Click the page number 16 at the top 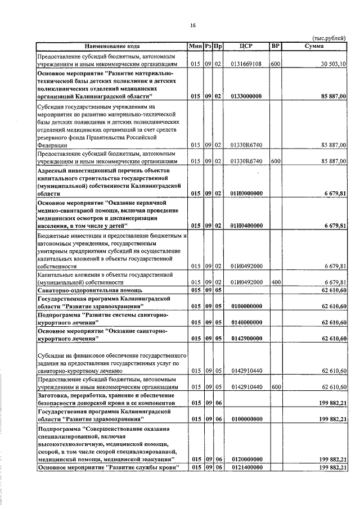coord(192,25)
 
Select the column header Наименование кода coord(112,45)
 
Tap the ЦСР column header coord(246,45)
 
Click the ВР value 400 coord(276,282)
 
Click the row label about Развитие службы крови coord(104,468)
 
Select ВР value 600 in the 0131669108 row coord(276,65)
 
